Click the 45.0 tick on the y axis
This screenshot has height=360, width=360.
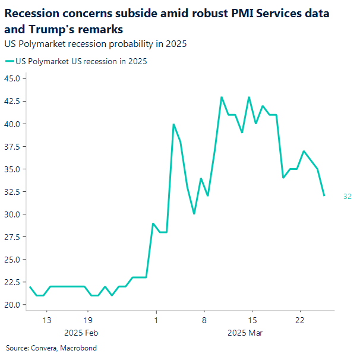coord(13,78)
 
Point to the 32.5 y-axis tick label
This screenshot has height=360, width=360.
coord(13,192)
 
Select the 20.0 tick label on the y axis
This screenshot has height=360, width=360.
coord(13,305)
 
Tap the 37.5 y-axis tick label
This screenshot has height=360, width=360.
coord(13,147)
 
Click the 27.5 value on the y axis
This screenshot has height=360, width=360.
coord(13,237)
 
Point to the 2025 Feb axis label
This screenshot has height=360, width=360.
coord(81,333)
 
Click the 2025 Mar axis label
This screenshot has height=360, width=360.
coord(245,333)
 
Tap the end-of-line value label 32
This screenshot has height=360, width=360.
coord(348,197)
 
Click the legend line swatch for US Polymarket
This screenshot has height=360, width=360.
coord(10,61)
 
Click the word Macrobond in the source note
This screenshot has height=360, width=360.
coord(78,348)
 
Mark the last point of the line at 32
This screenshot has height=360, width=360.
coord(324,195)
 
